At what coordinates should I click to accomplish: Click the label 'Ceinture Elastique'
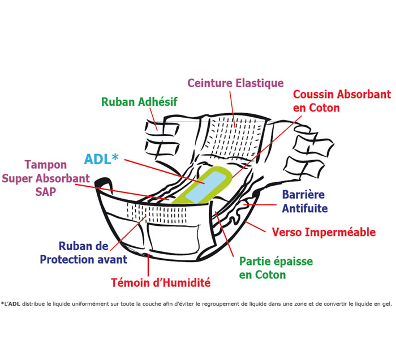point(235,83)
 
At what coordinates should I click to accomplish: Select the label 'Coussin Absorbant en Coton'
point(341,100)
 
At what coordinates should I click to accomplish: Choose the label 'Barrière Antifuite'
point(304,201)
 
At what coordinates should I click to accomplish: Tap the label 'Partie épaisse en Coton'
point(276,268)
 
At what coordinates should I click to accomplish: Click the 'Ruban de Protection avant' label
point(83,253)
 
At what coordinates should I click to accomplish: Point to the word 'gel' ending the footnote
point(386,304)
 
